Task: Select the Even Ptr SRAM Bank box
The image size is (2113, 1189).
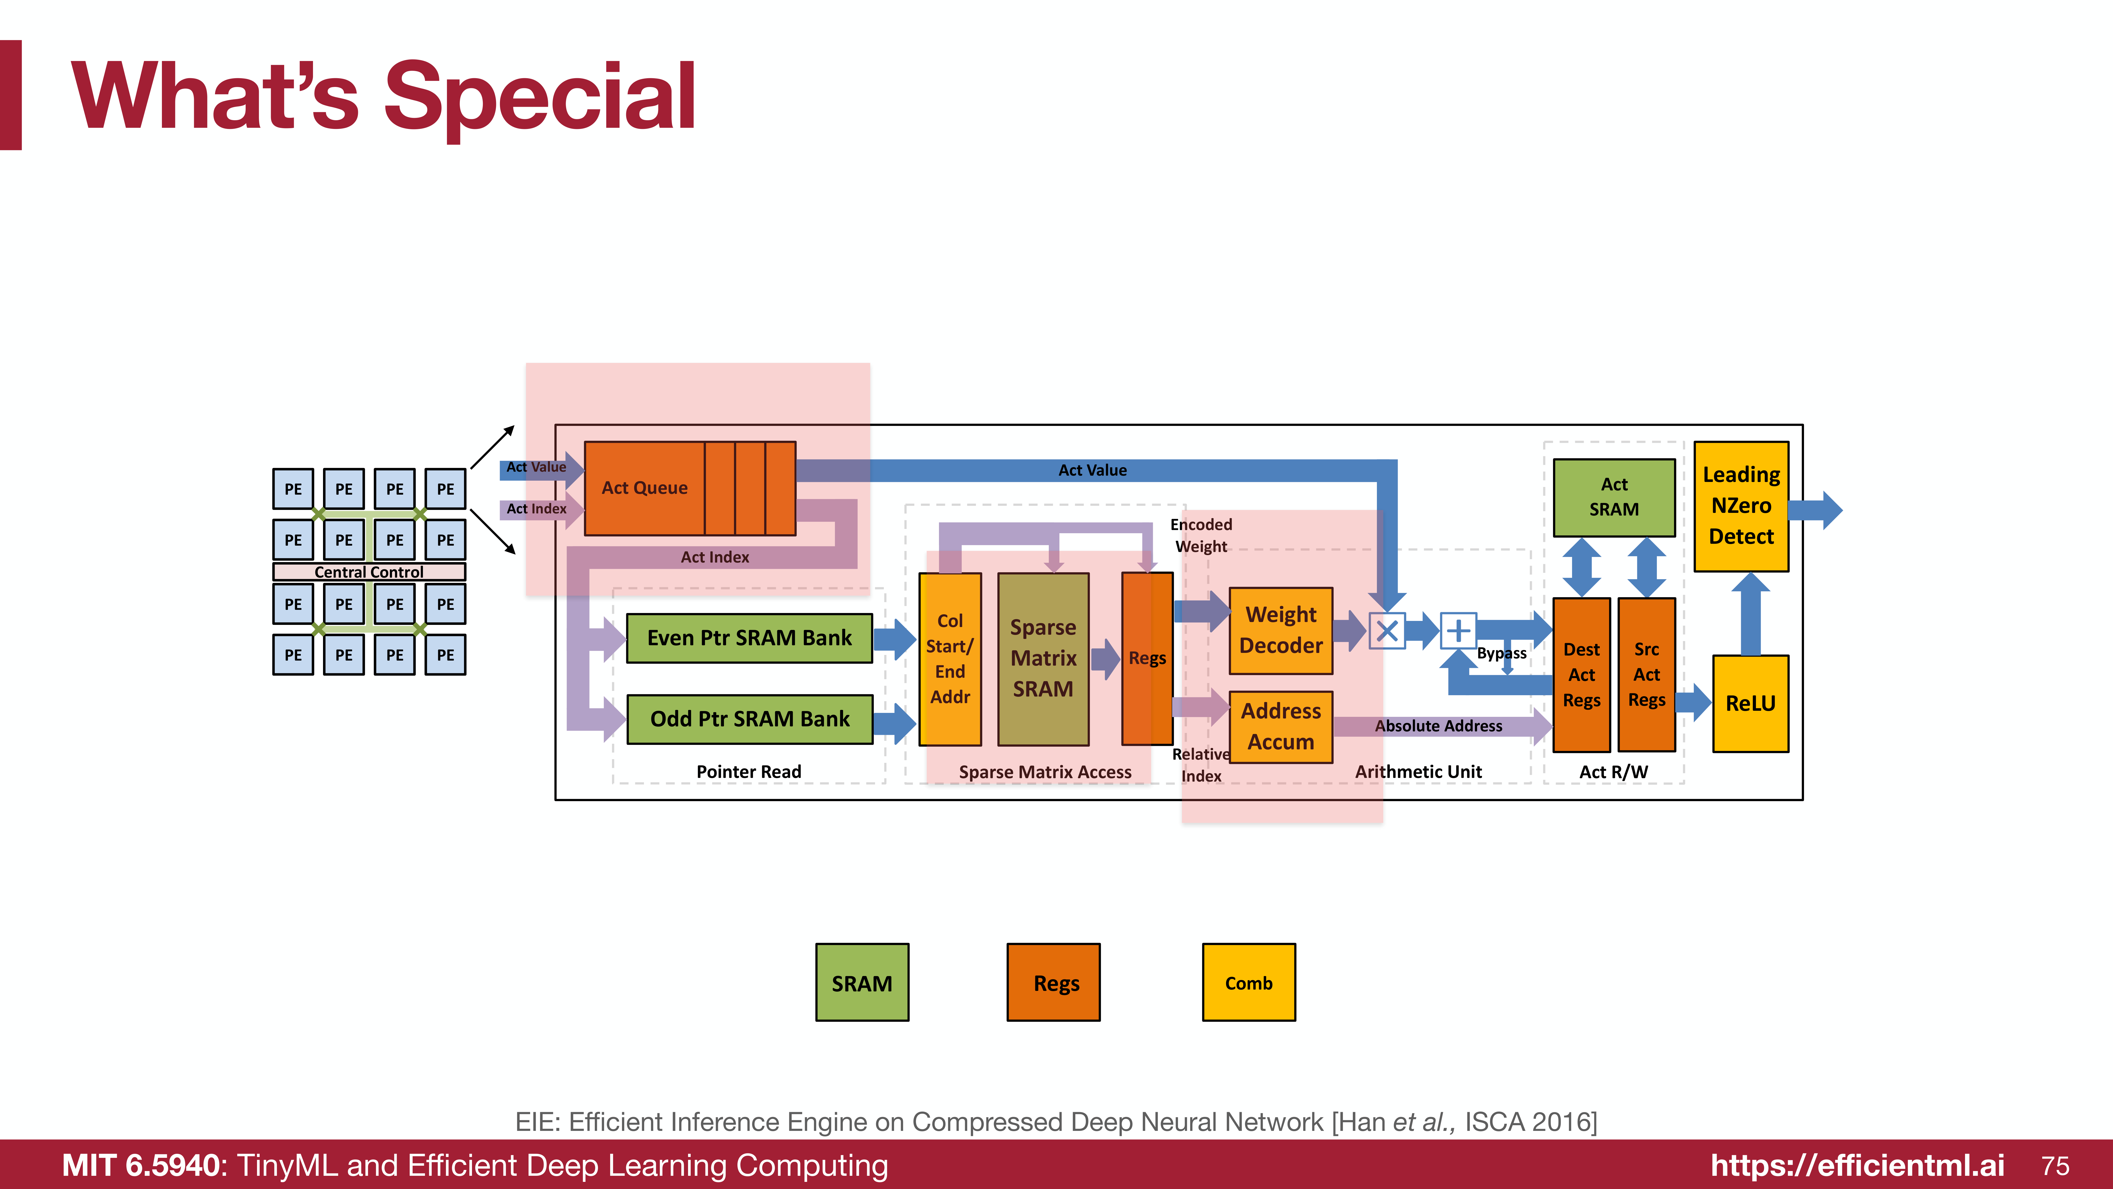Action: (x=749, y=638)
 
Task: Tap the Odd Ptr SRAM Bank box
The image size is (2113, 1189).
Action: (x=749, y=719)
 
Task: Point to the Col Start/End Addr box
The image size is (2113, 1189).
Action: (x=950, y=659)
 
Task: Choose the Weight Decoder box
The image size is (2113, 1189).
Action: (x=1280, y=630)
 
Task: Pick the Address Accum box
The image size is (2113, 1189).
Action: (x=1280, y=726)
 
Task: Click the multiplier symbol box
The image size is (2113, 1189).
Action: (x=1387, y=631)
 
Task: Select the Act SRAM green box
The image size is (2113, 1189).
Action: (x=1614, y=497)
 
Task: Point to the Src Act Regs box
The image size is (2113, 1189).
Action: (x=1646, y=675)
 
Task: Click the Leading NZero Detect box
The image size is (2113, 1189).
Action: (x=1741, y=505)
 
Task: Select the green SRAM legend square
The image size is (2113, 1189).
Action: (x=862, y=982)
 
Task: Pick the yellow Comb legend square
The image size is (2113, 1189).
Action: (x=1249, y=982)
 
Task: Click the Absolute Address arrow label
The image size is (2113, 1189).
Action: (x=1438, y=726)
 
